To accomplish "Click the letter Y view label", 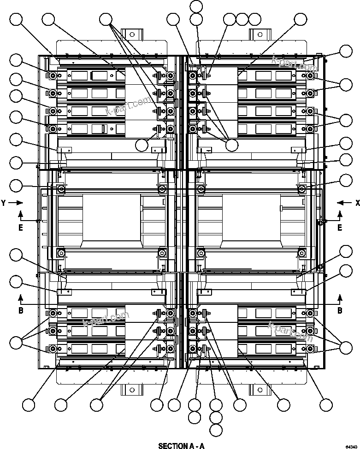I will coord(4,203).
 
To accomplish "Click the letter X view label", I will coord(357,203).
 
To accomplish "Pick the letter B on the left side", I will coord(21,310).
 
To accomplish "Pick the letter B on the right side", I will coord(340,310).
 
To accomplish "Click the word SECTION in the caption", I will coord(171,446).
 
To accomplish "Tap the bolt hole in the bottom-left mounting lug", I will coord(130,391).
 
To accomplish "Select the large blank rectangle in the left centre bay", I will coord(111,217).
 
